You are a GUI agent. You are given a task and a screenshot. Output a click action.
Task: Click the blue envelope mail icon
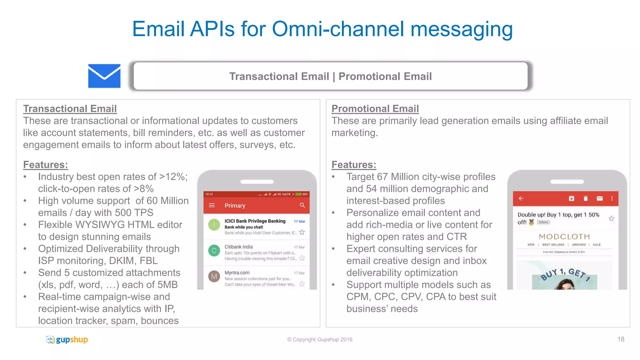pos(104,76)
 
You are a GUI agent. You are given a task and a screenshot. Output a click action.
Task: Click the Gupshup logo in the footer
pos(67,339)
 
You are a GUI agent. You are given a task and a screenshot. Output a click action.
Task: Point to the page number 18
pos(621,339)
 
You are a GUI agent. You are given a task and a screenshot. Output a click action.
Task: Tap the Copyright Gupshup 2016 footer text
pos(320,339)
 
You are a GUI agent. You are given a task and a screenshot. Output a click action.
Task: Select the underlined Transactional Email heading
pos(70,108)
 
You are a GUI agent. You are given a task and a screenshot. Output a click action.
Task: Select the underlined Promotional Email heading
pos(375,108)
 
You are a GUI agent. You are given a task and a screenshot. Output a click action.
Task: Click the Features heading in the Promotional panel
pos(353,164)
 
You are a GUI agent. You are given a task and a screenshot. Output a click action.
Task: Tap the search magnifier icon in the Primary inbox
pos(302,205)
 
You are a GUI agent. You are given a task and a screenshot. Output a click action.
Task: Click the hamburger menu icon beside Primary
pos(212,205)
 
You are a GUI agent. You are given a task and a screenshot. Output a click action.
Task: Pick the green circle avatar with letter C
pos(214,250)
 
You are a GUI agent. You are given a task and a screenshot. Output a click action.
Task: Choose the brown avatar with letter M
pos(214,276)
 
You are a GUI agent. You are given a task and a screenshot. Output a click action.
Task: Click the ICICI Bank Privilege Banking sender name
pos(255,221)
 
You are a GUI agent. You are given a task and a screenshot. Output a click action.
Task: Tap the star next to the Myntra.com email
pos(302,284)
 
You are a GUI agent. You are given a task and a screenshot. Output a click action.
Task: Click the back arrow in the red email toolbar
pos(521,198)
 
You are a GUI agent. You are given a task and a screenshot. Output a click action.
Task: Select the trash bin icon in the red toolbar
pos(586,198)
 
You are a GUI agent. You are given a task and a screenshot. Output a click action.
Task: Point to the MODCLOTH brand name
pos(564,237)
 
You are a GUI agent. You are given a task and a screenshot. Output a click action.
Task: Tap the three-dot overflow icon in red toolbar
pos(612,198)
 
